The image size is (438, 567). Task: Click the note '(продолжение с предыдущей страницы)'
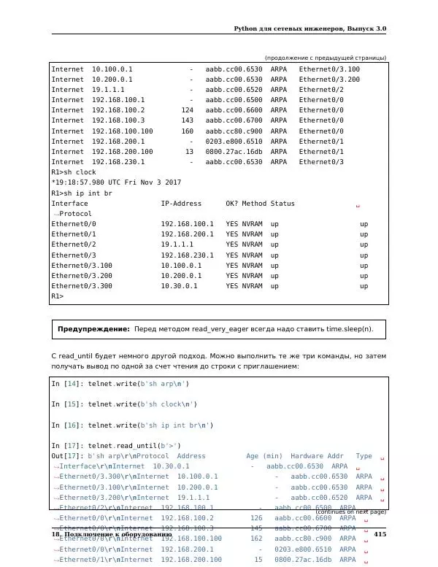tap(325, 58)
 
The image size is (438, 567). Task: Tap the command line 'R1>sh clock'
tap(73, 172)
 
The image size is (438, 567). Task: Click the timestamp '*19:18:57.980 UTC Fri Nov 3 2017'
tap(116, 182)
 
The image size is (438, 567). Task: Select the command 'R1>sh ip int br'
tap(82, 193)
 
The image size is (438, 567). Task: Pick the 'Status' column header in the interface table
tap(283, 204)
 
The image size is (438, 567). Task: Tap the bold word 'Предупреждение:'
tap(93, 329)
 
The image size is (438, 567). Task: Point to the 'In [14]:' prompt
tap(67, 383)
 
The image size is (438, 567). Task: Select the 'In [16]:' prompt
tap(67, 425)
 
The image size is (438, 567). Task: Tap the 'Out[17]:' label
tap(67, 456)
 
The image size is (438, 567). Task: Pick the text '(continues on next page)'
tap(350, 512)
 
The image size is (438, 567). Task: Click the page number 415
tap(380, 535)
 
